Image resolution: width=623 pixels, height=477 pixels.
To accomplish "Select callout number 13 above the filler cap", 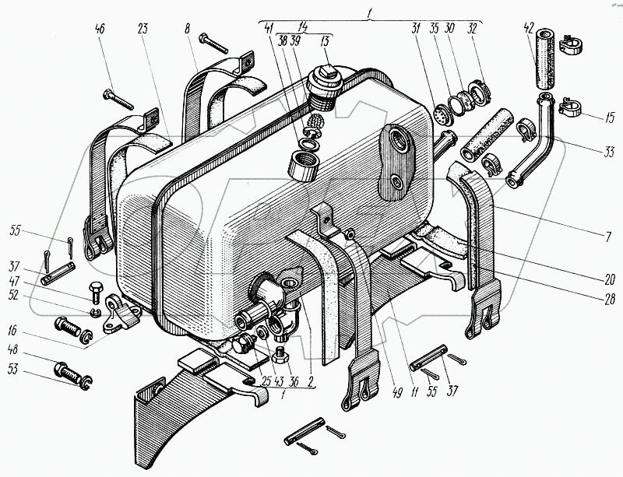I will coord(326,40).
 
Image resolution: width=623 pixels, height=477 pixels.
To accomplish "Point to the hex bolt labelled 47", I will coord(95,290).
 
